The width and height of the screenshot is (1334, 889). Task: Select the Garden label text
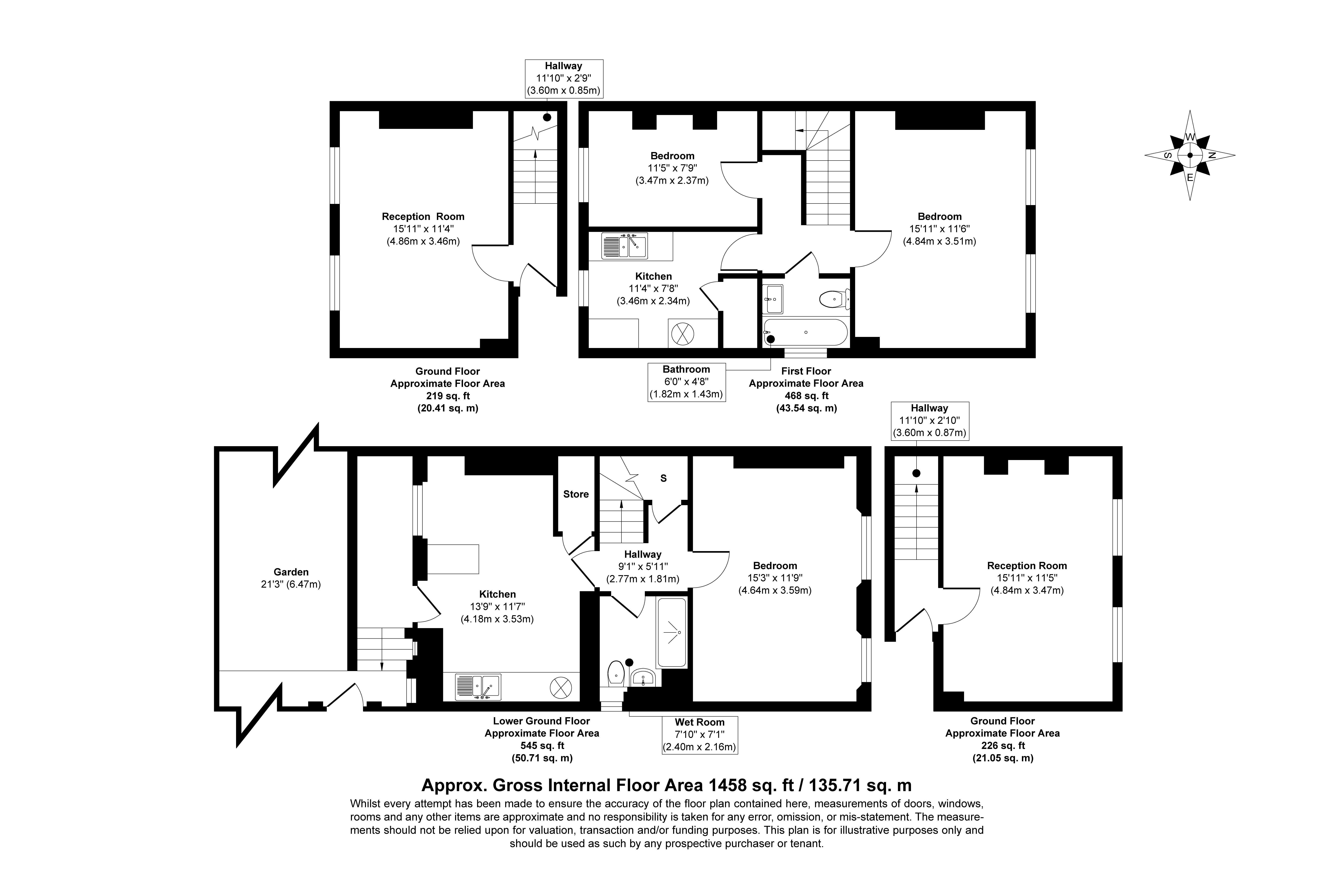click(291, 572)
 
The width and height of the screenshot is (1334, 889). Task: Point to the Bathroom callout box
click(686, 382)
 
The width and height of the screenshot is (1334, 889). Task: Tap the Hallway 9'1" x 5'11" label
click(643, 566)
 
